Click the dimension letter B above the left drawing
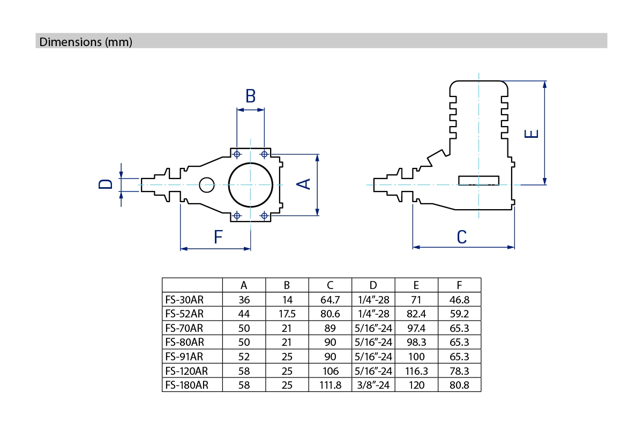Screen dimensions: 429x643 coord(250,97)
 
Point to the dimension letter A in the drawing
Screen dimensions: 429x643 coord(303,184)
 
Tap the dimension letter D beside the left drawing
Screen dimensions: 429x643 coord(106,184)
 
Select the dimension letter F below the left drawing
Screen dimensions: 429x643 coord(218,236)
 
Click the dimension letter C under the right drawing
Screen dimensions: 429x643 coord(462,236)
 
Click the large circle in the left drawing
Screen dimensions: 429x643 coord(250,184)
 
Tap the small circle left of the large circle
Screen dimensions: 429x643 coord(206,184)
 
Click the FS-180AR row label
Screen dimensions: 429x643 coord(187,385)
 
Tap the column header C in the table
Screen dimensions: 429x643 coord(330,285)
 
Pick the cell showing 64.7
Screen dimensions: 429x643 coord(330,299)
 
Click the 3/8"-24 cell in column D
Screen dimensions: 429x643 coord(373,385)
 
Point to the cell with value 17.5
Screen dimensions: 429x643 coord(287,314)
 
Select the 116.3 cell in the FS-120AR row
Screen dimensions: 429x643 coord(416,371)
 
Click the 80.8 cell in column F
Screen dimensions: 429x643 coord(459,385)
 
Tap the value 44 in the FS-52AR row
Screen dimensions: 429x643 coord(244,314)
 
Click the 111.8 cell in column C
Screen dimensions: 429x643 coord(330,385)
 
